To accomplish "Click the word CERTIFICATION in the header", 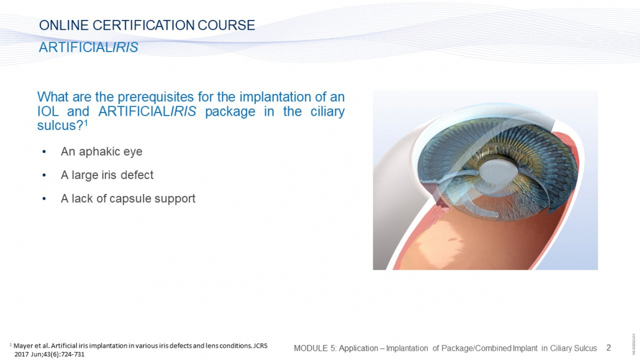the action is [144, 25].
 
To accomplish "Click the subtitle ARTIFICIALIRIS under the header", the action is [89, 47].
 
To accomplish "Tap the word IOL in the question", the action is [48, 111].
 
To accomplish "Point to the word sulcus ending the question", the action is [56, 126].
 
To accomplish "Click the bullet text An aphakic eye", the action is [102, 152].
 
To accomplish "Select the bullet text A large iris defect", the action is [107, 175].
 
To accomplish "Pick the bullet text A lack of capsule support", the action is [128, 198].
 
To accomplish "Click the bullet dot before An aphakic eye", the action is [44, 152].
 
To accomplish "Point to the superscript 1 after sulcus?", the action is [86, 122].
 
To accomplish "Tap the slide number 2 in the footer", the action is [608, 348].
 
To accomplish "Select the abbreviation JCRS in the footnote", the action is [260, 346].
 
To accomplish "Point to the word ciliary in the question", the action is [327, 111].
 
